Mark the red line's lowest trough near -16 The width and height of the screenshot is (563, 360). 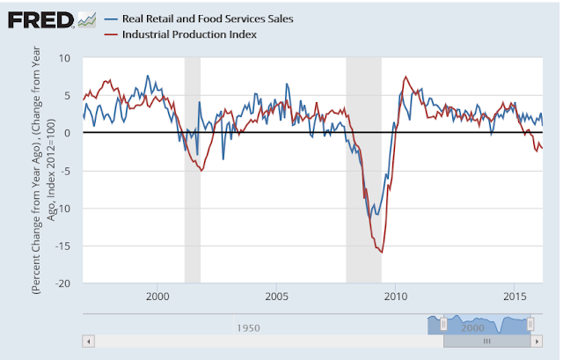pos(381,252)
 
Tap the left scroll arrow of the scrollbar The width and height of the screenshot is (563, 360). pos(86,340)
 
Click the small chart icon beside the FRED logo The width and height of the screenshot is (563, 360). pos(87,18)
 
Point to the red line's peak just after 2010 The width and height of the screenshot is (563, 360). pos(405,77)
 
